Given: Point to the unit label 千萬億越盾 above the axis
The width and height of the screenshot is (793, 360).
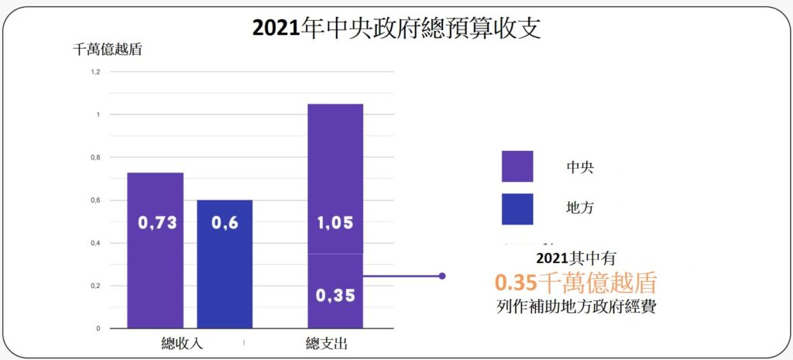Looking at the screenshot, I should [x=108, y=50].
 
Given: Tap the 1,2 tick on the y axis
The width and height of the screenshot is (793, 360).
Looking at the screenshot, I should [x=95, y=72].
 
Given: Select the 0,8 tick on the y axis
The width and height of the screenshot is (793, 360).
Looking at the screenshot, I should [x=95, y=158].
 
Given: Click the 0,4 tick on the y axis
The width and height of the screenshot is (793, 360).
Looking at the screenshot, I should [x=95, y=243].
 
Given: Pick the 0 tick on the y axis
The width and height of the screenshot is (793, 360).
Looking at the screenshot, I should [x=98, y=328].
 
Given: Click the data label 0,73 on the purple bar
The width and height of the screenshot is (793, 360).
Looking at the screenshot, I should [x=157, y=223].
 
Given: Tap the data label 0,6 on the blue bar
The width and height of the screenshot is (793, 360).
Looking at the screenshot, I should [x=225, y=223].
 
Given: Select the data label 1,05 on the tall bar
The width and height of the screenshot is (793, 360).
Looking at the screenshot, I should [x=335, y=223].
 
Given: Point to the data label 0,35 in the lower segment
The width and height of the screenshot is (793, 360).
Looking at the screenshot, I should [x=335, y=295].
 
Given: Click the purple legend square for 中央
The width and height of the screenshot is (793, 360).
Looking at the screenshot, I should [x=517, y=166].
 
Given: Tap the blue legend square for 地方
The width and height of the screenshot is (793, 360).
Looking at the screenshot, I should [x=517, y=209].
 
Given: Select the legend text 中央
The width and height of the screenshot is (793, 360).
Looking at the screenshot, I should [x=580, y=166].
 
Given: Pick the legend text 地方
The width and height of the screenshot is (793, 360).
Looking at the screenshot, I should [x=580, y=207].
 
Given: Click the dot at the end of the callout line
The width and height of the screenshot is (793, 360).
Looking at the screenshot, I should [x=442, y=276].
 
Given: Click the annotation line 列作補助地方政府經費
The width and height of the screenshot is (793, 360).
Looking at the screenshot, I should [x=576, y=307].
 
